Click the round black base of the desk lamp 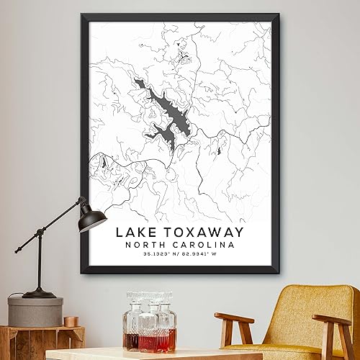39,293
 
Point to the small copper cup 70,321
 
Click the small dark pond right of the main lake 219,148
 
